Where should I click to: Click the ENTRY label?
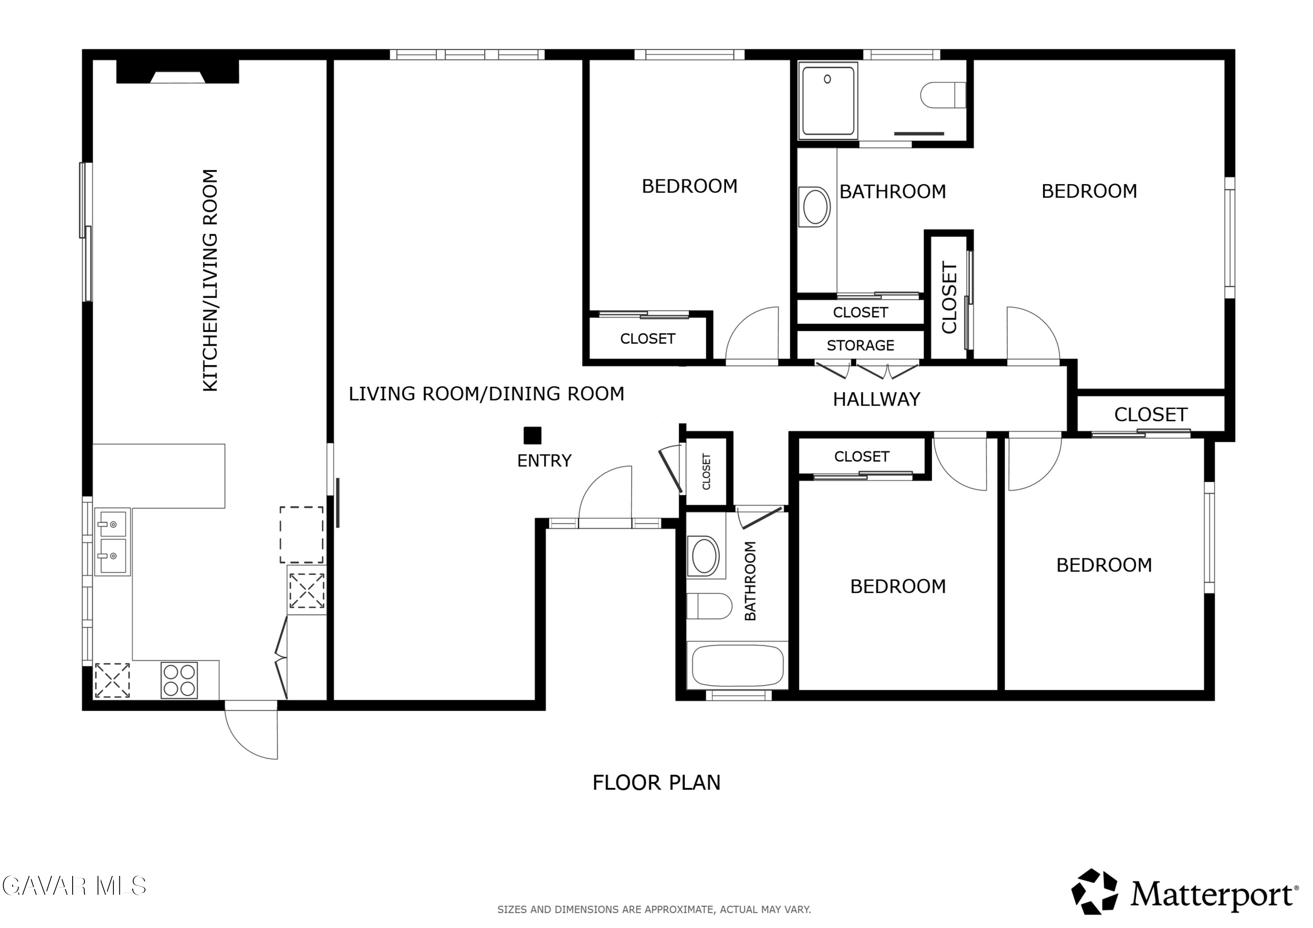(x=544, y=461)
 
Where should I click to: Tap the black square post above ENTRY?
(x=532, y=436)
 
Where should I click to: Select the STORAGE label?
(x=860, y=345)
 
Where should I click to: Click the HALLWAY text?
(x=876, y=399)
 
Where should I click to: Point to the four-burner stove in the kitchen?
(x=179, y=680)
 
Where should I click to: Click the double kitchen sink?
(x=112, y=541)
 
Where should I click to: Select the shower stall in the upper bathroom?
(x=828, y=101)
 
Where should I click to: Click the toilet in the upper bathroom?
(x=943, y=95)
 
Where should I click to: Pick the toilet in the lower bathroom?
(x=709, y=606)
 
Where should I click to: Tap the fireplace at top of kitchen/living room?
(x=177, y=71)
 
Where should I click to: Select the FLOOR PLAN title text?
(x=656, y=783)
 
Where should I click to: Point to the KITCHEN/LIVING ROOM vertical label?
(x=211, y=280)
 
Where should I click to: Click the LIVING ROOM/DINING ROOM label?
(x=486, y=394)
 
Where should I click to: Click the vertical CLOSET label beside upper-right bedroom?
(x=949, y=298)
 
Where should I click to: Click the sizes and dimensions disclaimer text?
(x=654, y=910)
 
